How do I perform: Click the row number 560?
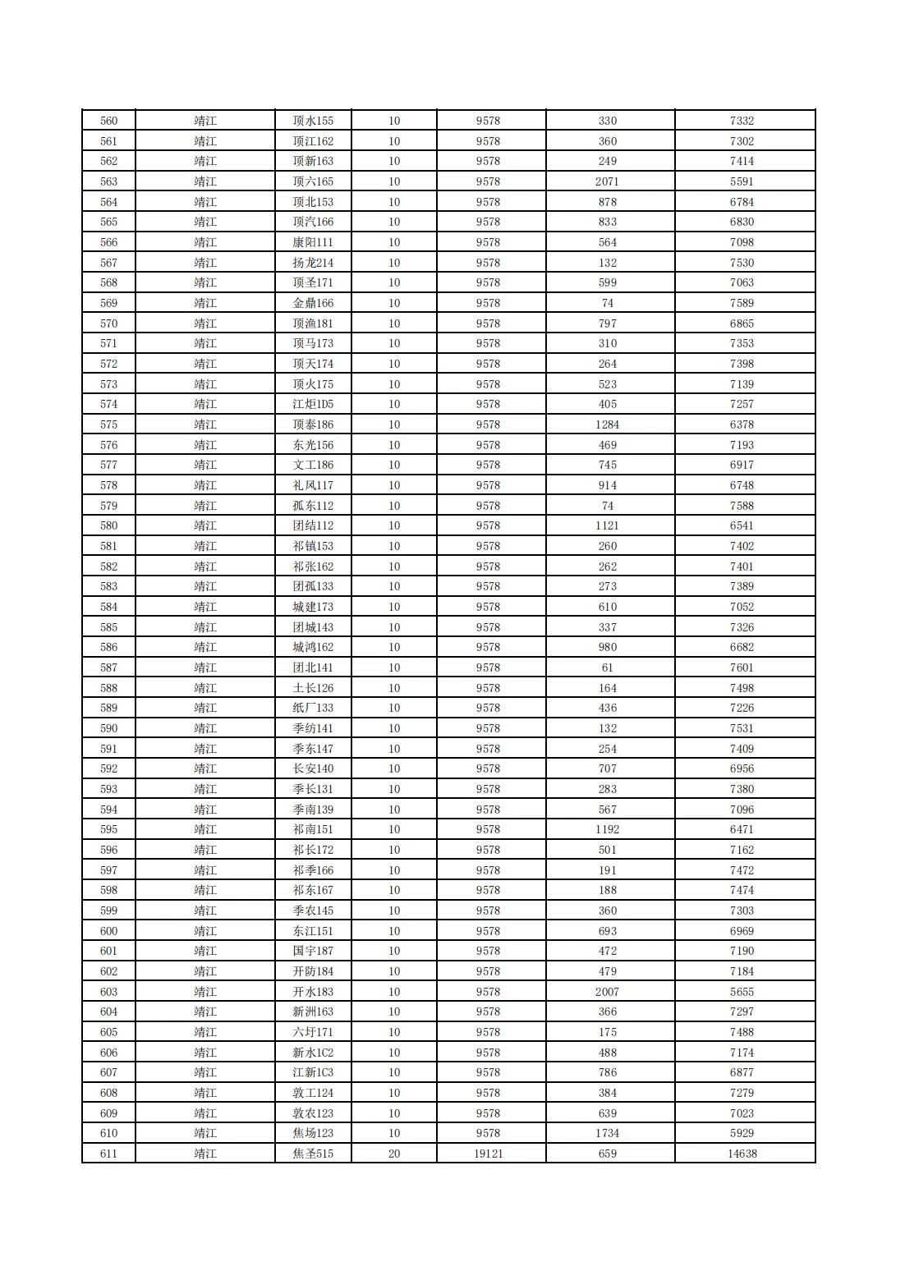(108, 121)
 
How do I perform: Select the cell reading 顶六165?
(313, 181)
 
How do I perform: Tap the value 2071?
(607, 181)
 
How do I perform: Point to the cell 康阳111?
(313, 242)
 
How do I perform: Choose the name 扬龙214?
(313, 263)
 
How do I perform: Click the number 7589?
(742, 303)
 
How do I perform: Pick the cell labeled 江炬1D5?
(313, 404)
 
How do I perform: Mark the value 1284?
(607, 424)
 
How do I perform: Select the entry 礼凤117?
(313, 485)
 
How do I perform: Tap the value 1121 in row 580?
(607, 525)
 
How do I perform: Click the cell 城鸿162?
(313, 647)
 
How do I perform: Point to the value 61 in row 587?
(607, 668)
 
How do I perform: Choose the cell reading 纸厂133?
(313, 708)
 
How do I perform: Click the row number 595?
(108, 829)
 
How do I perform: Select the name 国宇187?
(313, 951)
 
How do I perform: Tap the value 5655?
(742, 992)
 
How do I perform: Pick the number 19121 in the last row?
(488, 1154)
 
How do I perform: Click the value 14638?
(742, 1154)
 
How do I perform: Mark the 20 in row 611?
(394, 1154)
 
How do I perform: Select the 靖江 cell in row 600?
(205, 931)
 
